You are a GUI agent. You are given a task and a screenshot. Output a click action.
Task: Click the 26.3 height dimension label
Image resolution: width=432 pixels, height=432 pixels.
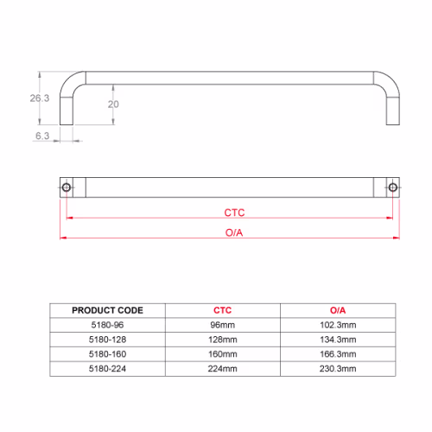coord(40,98)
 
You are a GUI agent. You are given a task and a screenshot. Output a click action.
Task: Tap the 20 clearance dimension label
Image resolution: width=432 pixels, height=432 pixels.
coord(113,105)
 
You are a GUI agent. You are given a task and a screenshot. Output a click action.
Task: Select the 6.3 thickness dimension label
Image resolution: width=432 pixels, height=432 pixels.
coord(42,136)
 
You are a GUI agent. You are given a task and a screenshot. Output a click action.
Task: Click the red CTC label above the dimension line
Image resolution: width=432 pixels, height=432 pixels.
coord(234,213)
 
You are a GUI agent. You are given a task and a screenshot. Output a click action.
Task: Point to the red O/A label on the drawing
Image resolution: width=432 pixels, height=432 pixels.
coord(234,232)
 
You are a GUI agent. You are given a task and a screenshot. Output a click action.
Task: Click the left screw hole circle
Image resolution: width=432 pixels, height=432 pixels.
coord(67,187)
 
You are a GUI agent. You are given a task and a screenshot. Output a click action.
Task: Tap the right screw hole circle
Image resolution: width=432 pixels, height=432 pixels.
coord(393,187)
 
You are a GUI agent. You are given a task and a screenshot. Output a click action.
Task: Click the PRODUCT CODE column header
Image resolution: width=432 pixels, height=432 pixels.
coord(107,310)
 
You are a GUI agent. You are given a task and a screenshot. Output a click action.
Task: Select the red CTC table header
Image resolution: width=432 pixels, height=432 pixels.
coord(222,310)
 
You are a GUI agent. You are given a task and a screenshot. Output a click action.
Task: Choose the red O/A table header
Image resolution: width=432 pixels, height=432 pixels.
coord(338,310)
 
